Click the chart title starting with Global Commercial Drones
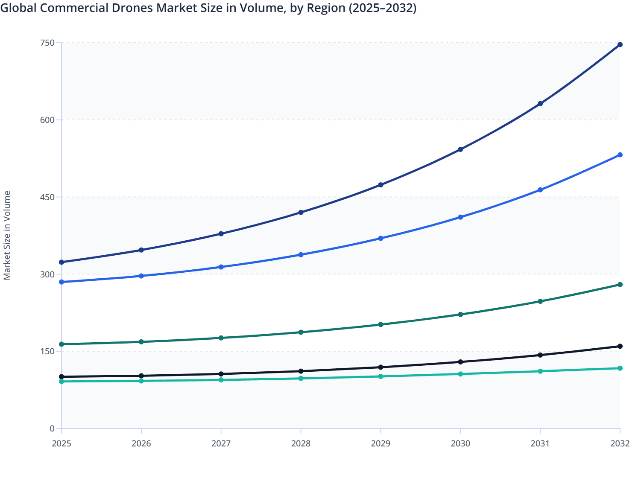[x=208, y=8]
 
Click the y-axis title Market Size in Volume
[x=7, y=235]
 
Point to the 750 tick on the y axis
[x=47, y=43]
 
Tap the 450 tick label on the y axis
[x=47, y=197]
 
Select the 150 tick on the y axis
[x=47, y=351]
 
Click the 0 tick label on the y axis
[x=52, y=428]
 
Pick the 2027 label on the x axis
[x=221, y=443]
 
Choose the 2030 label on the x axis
[x=460, y=443]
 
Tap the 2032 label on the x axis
[x=620, y=443]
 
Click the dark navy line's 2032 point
[x=620, y=44]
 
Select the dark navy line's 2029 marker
[x=381, y=185]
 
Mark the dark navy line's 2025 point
[x=61, y=262]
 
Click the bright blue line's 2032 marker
[x=620, y=155]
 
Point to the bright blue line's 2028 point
[x=301, y=255]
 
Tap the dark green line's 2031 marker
[x=540, y=301]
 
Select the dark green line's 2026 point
[x=141, y=342]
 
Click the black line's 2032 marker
[x=620, y=346]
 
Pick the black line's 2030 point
[x=460, y=362]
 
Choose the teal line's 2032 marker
[x=620, y=368]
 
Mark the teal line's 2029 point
[x=381, y=376]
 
